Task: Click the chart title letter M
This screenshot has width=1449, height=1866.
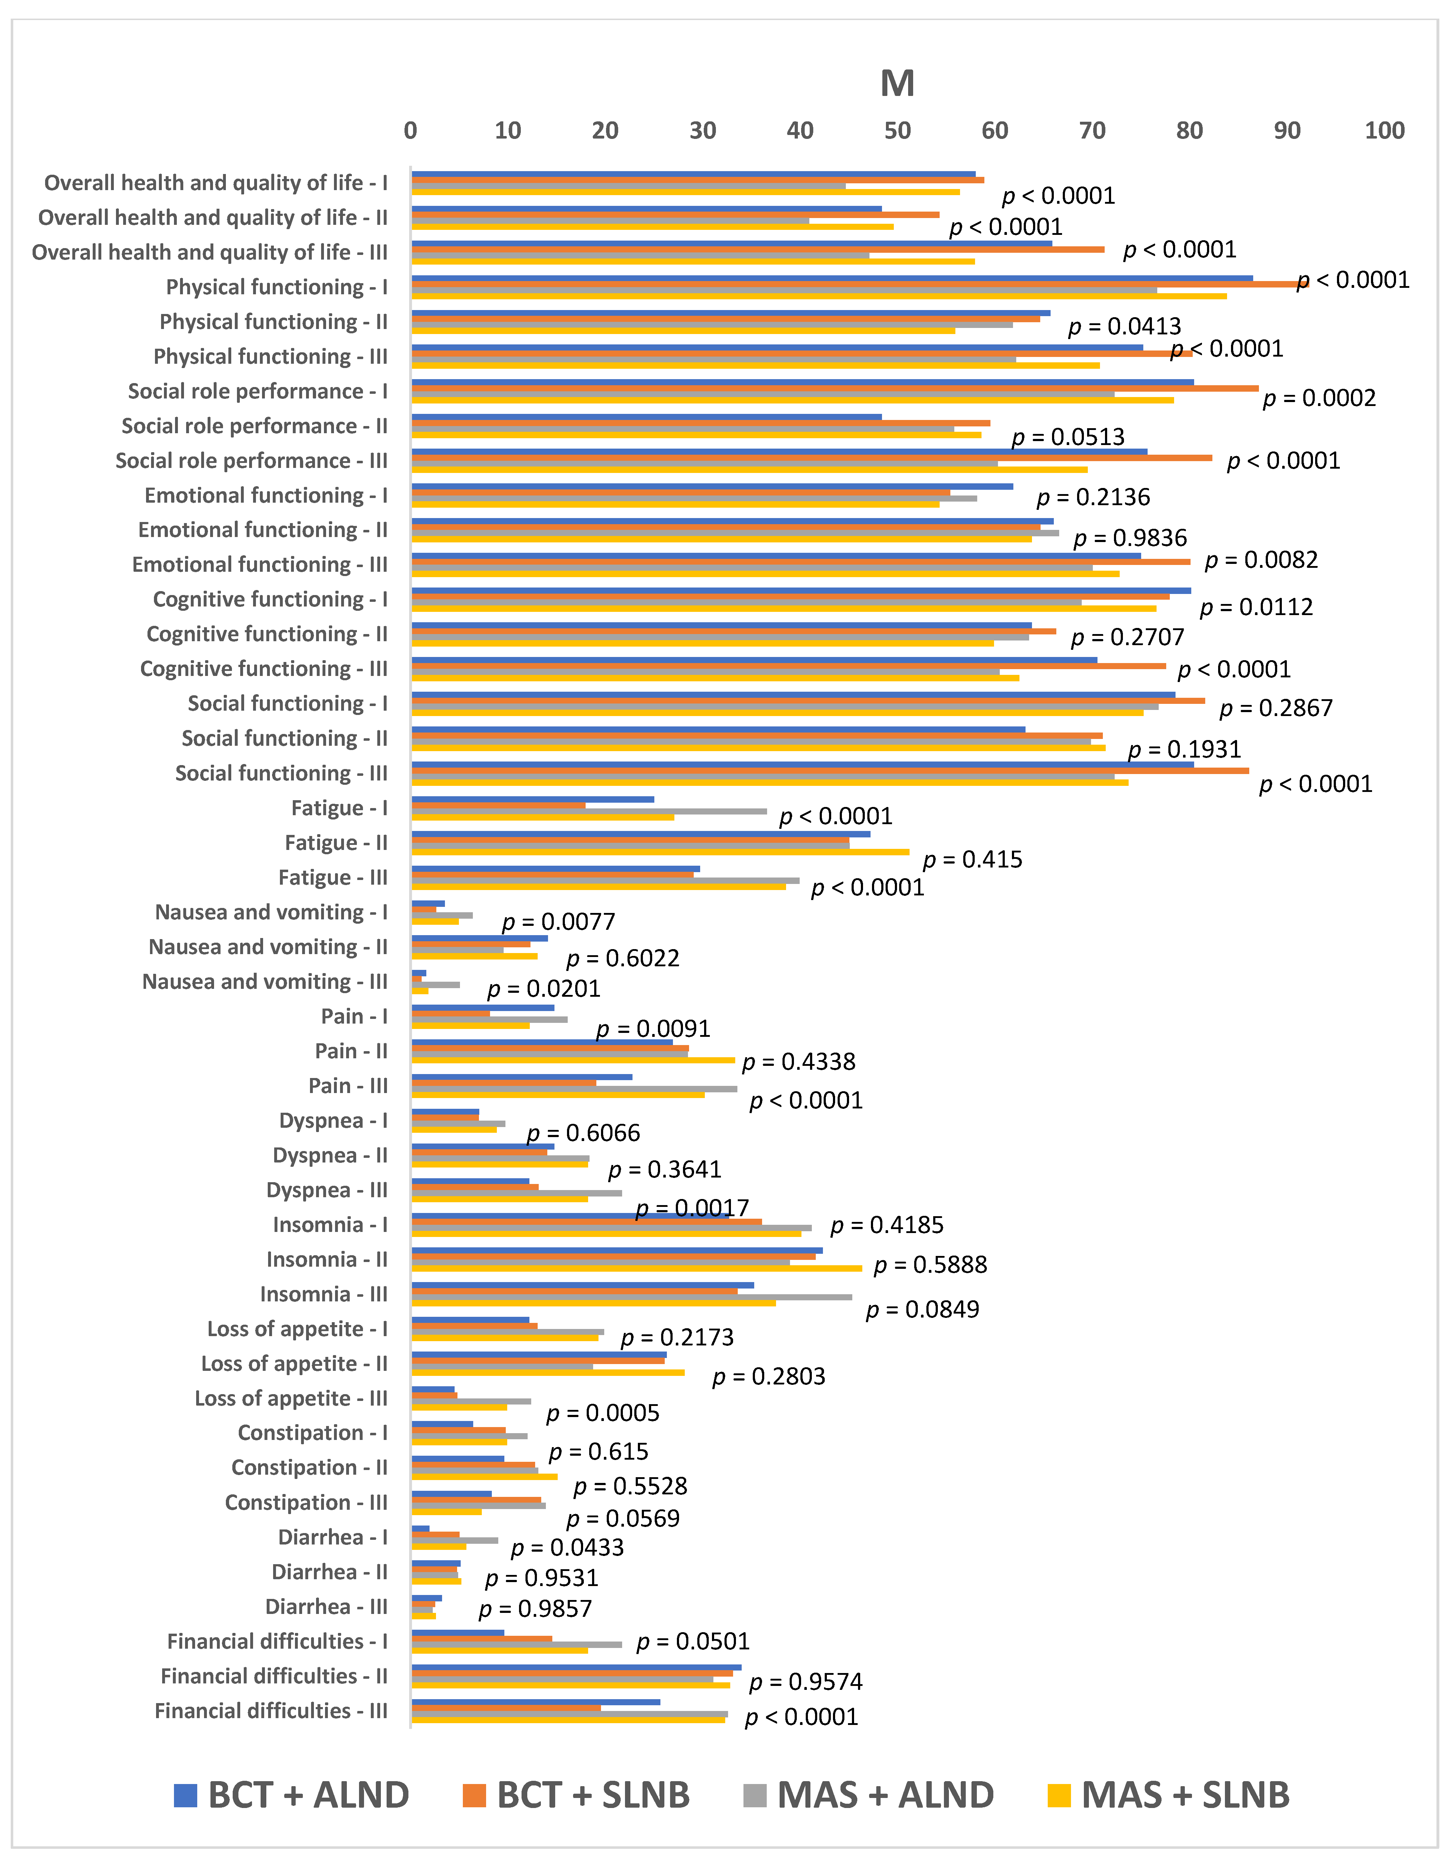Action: tap(897, 84)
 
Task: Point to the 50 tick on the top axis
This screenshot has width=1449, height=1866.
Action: tap(897, 131)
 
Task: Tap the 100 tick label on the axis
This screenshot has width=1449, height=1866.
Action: tap(1384, 131)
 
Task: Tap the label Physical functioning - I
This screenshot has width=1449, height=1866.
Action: tap(277, 287)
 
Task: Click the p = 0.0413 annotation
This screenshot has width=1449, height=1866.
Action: tap(1124, 327)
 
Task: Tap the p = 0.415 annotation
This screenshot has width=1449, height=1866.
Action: tap(972, 860)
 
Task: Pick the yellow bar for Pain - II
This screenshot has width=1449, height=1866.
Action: tap(572, 1060)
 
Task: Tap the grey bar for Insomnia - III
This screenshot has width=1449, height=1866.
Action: tap(632, 1297)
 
